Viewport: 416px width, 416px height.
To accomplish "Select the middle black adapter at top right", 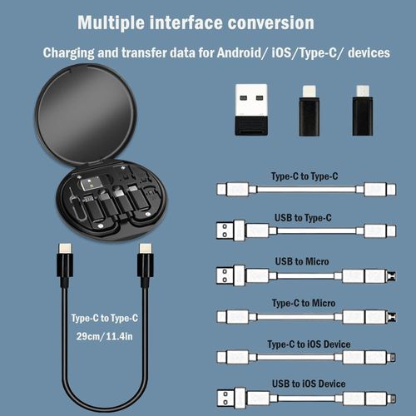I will [x=309, y=109].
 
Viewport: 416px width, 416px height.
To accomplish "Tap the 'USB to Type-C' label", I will [x=301, y=218].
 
